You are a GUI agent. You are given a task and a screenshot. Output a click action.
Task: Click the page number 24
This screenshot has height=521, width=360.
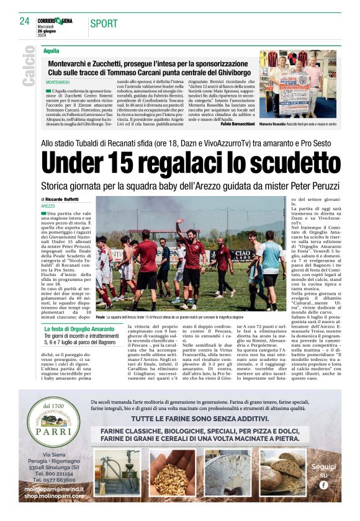coord(24,21)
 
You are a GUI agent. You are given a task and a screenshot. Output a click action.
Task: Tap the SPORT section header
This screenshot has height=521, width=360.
coord(104,24)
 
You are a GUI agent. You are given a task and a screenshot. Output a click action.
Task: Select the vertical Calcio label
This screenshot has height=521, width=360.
coord(29,69)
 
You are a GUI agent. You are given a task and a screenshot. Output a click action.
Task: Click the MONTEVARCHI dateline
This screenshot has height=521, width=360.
coord(58,82)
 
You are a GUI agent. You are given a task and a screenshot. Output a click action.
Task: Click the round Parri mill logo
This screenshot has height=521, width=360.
coord(53,424)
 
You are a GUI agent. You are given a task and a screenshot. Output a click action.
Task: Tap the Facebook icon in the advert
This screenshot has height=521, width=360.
coord(323,484)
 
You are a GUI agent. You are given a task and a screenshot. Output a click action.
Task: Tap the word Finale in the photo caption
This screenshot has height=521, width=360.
coord(101,316)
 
